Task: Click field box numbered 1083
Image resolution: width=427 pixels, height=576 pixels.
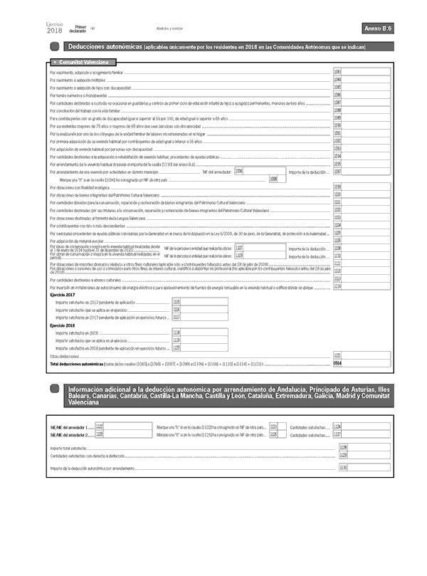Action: [x=362, y=73]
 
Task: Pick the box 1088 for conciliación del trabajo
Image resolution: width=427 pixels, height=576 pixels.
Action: [x=362, y=110]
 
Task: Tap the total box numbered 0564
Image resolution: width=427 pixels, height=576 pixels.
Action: [x=362, y=363]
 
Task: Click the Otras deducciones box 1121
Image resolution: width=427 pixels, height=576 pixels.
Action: [x=362, y=355]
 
